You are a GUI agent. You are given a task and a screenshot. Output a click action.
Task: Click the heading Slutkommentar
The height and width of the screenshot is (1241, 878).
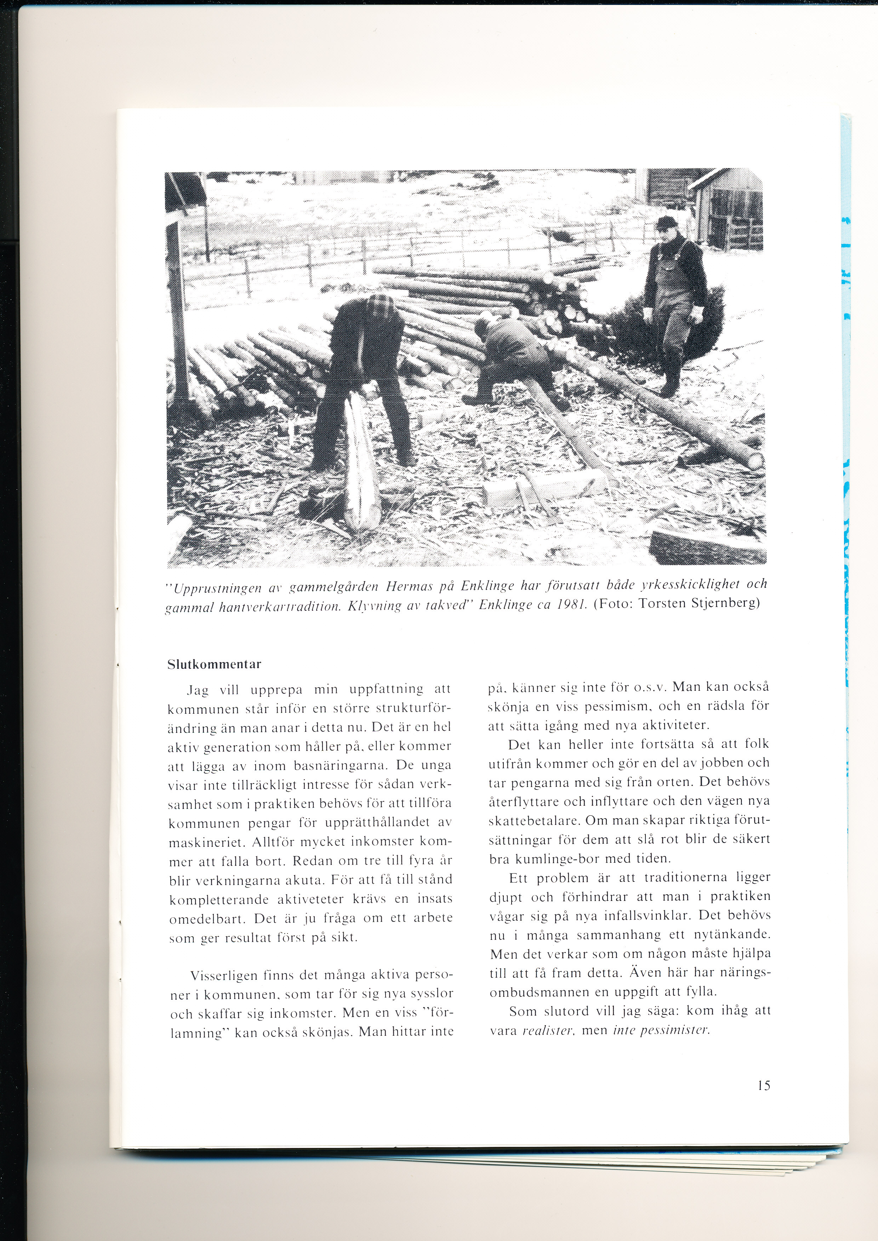[214, 664]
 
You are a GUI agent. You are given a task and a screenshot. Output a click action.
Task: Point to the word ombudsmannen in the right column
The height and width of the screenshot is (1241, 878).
[533, 992]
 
